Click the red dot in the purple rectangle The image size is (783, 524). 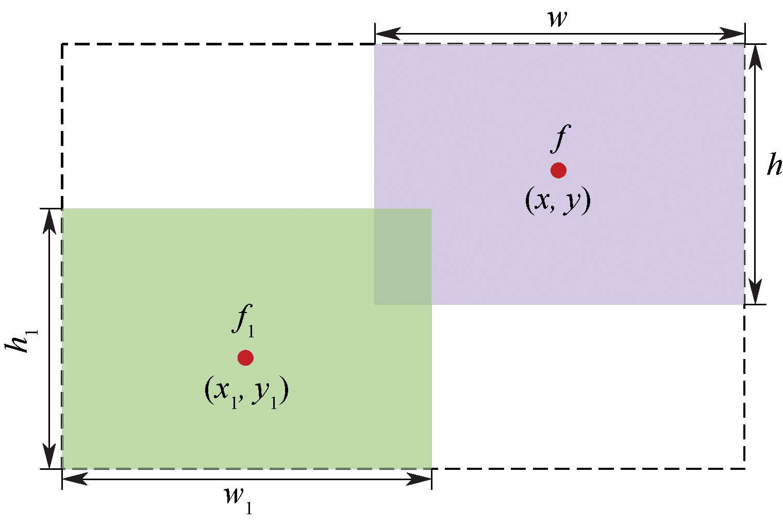[x=558, y=170]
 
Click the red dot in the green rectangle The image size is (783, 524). [x=245, y=357]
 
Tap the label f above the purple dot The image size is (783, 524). [x=560, y=138]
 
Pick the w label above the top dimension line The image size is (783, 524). [x=558, y=19]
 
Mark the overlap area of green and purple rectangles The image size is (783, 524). [x=403, y=256]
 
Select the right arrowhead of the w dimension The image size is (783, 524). [x=733, y=34]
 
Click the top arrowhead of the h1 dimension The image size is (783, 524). [x=49, y=221]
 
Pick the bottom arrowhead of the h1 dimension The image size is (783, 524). [x=49, y=456]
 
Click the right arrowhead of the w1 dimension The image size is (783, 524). [x=420, y=479]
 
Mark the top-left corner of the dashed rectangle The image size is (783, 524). [x=62, y=44]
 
